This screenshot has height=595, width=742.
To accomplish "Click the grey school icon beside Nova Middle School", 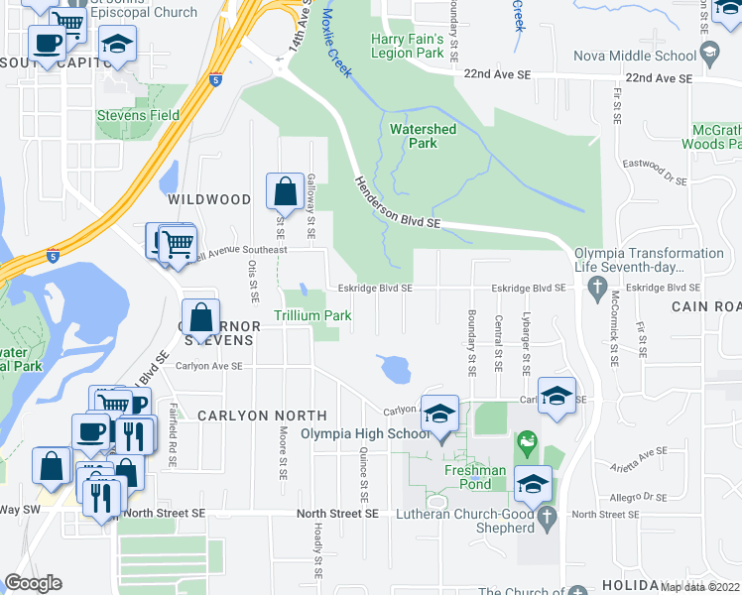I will (709, 56).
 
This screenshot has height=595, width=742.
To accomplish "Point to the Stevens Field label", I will (138, 115).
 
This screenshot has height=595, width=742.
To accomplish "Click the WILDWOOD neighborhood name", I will (209, 199).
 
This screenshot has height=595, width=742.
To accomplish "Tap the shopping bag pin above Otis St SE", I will (285, 189).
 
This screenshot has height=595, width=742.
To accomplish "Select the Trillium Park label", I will (312, 315).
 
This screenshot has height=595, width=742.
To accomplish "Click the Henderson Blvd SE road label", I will (398, 202).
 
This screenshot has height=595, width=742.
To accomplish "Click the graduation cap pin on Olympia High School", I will (438, 413).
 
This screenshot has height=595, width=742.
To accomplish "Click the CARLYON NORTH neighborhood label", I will (262, 415).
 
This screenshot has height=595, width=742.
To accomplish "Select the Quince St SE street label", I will (365, 473).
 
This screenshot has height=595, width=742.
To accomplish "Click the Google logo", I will (34, 583).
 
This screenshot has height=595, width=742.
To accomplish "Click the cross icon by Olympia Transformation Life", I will (596, 288).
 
